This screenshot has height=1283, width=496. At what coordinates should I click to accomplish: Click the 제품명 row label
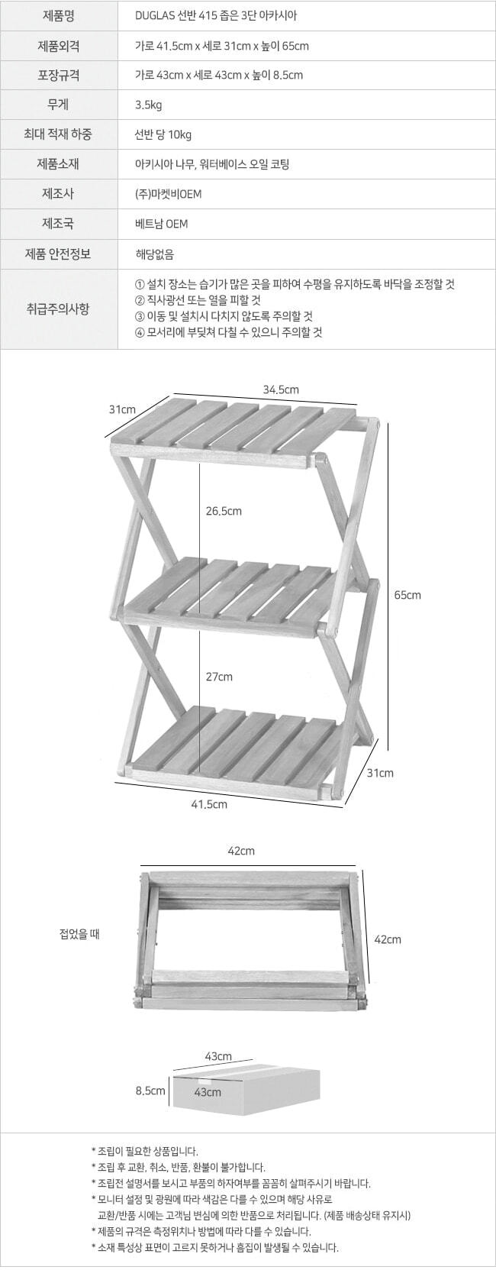point(58,15)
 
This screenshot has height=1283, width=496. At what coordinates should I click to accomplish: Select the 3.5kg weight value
point(149,105)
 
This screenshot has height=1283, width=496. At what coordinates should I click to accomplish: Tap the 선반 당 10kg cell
point(163,134)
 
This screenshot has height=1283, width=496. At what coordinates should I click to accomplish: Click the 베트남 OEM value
point(161,224)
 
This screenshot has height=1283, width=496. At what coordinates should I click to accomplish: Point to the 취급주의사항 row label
point(58,309)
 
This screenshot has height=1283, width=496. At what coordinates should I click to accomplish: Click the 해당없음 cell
point(154,254)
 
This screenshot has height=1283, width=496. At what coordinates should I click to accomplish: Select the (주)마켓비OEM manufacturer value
point(168,194)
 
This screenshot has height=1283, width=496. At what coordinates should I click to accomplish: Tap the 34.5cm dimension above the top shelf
point(281,389)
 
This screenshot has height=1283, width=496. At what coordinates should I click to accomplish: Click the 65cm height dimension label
point(407,594)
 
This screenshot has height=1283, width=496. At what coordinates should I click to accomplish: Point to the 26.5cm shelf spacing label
point(224,511)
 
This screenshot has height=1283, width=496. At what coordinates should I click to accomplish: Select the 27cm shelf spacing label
point(219,677)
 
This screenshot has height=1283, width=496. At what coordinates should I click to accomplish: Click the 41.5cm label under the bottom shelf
point(209,804)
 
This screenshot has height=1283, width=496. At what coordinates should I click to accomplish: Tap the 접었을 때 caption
point(79,934)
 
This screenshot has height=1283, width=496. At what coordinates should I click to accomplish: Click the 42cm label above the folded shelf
point(241,851)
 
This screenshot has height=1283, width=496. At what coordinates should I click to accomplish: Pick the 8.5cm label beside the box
point(150,1091)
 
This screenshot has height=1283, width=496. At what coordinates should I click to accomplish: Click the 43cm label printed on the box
point(207,1092)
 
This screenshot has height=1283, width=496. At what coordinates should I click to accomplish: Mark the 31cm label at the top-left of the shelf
point(122,409)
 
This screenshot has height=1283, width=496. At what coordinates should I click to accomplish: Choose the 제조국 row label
point(58,224)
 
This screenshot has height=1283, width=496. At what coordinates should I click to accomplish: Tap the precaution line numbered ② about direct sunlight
point(198,299)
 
